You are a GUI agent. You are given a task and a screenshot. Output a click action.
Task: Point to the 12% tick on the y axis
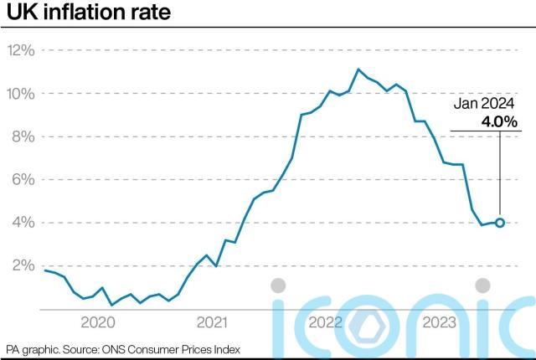pos(21,50)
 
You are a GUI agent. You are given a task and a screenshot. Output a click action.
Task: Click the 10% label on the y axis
pos(21,93)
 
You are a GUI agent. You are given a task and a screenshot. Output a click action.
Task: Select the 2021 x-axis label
pos(211,322)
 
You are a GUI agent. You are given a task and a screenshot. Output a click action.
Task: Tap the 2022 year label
pos(325,322)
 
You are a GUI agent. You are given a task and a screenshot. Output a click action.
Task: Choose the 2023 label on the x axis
pos(439,322)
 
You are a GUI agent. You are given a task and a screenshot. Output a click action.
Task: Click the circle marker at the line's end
pos(500,223)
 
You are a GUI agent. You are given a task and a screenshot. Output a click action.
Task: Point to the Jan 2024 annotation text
pos(486,105)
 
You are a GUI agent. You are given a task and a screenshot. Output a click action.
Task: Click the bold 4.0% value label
pos(500,122)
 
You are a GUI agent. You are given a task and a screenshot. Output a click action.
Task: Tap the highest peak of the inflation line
pos(358,69)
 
